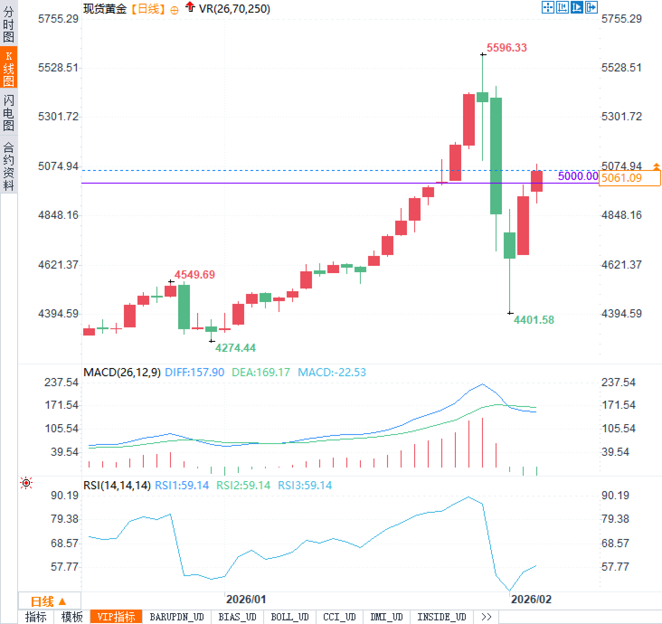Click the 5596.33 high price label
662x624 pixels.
(x=506, y=47)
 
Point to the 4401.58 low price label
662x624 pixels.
(x=534, y=320)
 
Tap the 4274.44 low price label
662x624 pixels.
(x=235, y=348)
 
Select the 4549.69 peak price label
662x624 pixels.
(x=194, y=274)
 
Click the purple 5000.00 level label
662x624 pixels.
(x=577, y=176)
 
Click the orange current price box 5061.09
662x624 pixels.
(x=629, y=178)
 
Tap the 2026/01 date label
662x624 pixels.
(x=246, y=599)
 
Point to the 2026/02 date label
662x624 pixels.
(x=531, y=599)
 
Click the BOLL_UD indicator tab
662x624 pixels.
(x=289, y=617)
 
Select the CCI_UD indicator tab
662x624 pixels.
(x=339, y=617)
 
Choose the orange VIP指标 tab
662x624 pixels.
(x=116, y=617)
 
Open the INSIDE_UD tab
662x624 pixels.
(x=441, y=617)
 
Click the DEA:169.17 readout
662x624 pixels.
(x=260, y=372)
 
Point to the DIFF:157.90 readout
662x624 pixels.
(x=194, y=372)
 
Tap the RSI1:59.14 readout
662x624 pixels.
(x=182, y=485)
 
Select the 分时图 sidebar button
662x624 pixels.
(x=9, y=24)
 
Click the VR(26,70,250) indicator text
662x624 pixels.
(x=234, y=9)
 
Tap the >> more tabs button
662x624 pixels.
(x=487, y=617)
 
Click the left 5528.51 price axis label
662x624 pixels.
(x=58, y=67)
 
